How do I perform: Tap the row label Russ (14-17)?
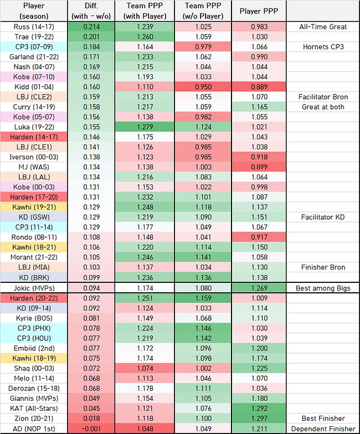pyautogui.click(x=34, y=27)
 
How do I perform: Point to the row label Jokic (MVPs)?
pyautogui.click(x=34, y=288)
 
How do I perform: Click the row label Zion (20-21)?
pyautogui.click(x=34, y=418)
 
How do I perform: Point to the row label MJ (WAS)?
pyautogui.click(x=34, y=167)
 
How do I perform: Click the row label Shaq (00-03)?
pyautogui.click(x=34, y=368)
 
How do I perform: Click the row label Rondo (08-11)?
pyautogui.click(x=34, y=237)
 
